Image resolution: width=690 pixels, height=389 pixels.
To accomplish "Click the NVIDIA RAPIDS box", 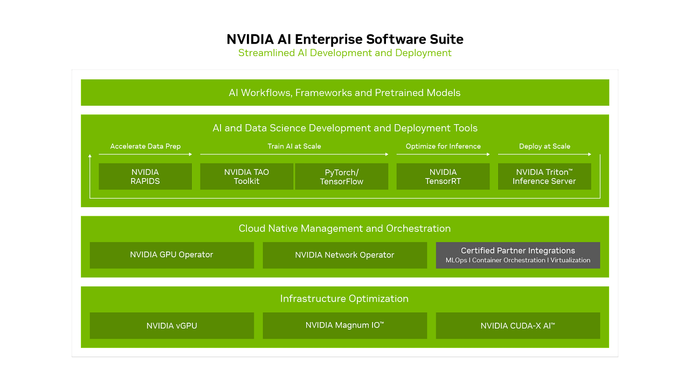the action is [x=145, y=176].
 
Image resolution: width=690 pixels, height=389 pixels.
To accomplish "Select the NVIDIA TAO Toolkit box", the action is [x=246, y=176].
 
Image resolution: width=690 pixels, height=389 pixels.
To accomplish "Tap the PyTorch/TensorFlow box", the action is [x=342, y=176].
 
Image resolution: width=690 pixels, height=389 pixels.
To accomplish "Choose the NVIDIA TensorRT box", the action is [x=443, y=176].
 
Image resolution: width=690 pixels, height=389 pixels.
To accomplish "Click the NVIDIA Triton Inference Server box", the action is [x=544, y=176].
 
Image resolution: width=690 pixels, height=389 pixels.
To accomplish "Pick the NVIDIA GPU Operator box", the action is [x=172, y=255].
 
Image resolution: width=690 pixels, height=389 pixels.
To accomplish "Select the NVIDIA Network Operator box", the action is [x=344, y=255].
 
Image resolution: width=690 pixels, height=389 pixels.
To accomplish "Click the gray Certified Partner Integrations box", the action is [x=518, y=255].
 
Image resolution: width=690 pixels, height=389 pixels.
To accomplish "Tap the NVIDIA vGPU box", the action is [x=172, y=325].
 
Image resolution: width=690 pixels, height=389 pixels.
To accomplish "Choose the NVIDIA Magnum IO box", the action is [x=344, y=325].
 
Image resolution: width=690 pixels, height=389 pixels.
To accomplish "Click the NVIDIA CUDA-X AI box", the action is [x=518, y=325].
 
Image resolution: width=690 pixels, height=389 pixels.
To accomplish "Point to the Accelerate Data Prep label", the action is [x=146, y=146].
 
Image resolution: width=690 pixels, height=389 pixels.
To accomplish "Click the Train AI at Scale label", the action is [x=294, y=146].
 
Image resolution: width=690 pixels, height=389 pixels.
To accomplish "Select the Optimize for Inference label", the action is [x=443, y=146].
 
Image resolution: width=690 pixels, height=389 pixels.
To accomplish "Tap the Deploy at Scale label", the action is [x=544, y=146].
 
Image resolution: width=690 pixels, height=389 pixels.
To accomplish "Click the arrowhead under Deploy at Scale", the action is [x=590, y=154].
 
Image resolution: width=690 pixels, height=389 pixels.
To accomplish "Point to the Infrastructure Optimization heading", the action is [x=344, y=299].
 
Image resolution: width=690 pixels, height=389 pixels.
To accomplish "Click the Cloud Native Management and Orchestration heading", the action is [x=344, y=228].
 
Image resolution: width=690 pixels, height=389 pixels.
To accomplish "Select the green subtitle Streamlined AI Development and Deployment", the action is [x=345, y=53].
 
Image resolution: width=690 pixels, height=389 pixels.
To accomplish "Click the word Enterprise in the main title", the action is [x=329, y=39].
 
